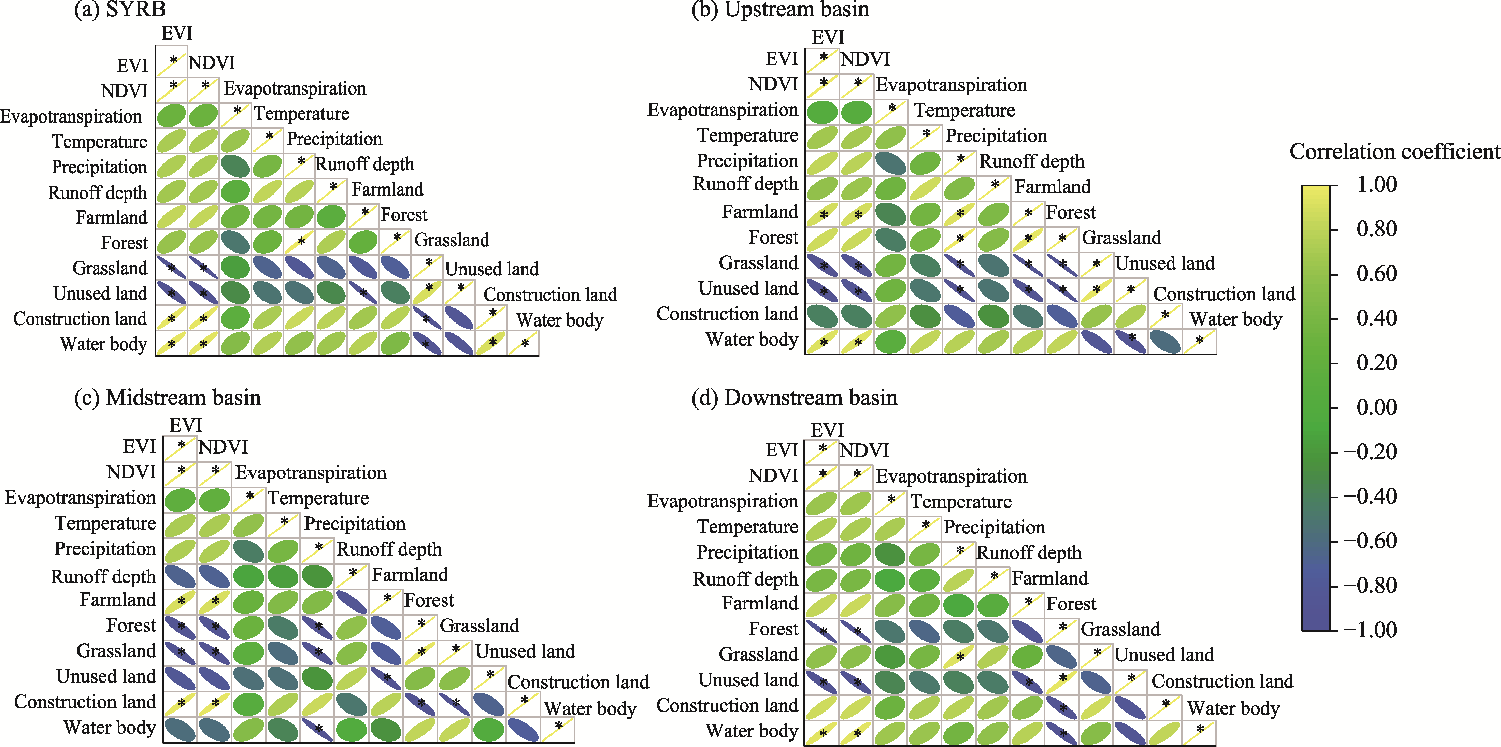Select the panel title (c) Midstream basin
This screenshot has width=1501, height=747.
pyautogui.click(x=168, y=398)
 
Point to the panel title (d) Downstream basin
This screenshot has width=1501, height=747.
pyautogui.click(x=794, y=398)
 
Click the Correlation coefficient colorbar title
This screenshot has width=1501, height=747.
pyautogui.click(x=1395, y=152)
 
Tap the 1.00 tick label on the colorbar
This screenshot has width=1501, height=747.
pyautogui.click(x=1377, y=184)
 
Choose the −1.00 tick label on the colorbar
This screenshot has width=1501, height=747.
pyautogui.click(x=1370, y=629)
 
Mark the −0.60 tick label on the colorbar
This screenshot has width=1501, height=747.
pyautogui.click(x=1370, y=541)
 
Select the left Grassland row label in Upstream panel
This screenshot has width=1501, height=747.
pyautogui.click(x=758, y=263)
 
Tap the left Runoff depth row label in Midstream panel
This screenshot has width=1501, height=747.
pyautogui.click(x=103, y=576)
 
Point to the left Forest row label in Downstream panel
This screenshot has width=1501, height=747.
pyautogui.click(x=773, y=629)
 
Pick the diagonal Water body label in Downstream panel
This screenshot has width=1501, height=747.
pyautogui.click(x=1233, y=708)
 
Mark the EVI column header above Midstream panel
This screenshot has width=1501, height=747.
pyautogui.click(x=185, y=425)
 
